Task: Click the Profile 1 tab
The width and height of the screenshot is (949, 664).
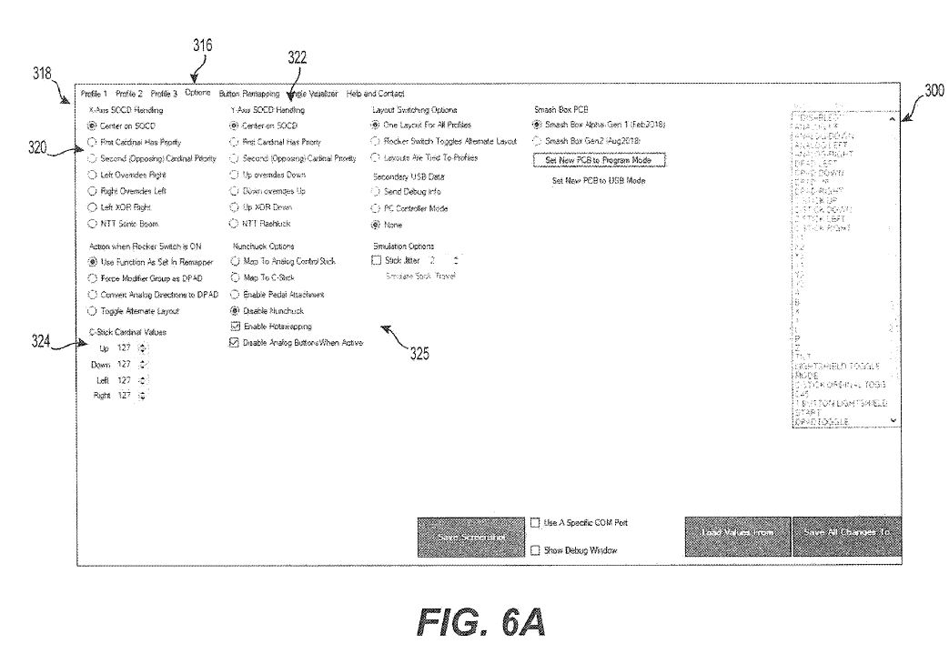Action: tap(94, 93)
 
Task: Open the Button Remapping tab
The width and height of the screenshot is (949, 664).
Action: tap(243, 93)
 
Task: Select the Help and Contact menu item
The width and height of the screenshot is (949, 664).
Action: tap(376, 93)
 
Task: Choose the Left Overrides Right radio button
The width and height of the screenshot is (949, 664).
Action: tap(92, 174)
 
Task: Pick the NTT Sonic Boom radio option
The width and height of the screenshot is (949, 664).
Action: tap(92, 223)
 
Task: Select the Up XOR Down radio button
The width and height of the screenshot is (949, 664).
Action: tap(236, 206)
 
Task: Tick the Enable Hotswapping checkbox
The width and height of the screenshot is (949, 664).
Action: tap(236, 326)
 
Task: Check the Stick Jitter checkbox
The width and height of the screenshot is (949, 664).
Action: tap(378, 260)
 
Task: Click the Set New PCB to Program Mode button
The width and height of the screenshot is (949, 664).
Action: tap(599, 159)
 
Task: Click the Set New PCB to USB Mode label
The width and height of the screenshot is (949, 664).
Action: tap(599, 181)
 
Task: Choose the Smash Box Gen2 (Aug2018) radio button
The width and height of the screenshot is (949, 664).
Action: tap(538, 141)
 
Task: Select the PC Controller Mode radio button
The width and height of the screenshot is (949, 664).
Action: tap(376, 208)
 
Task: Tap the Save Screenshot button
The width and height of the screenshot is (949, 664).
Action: tap(471, 538)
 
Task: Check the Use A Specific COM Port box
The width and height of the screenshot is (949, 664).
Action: tap(535, 523)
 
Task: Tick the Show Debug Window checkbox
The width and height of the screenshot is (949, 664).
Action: tap(535, 549)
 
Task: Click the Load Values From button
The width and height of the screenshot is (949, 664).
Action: tap(737, 532)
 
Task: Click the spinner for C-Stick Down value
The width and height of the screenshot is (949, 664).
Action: tap(142, 364)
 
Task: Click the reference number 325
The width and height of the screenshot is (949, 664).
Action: tap(419, 355)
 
